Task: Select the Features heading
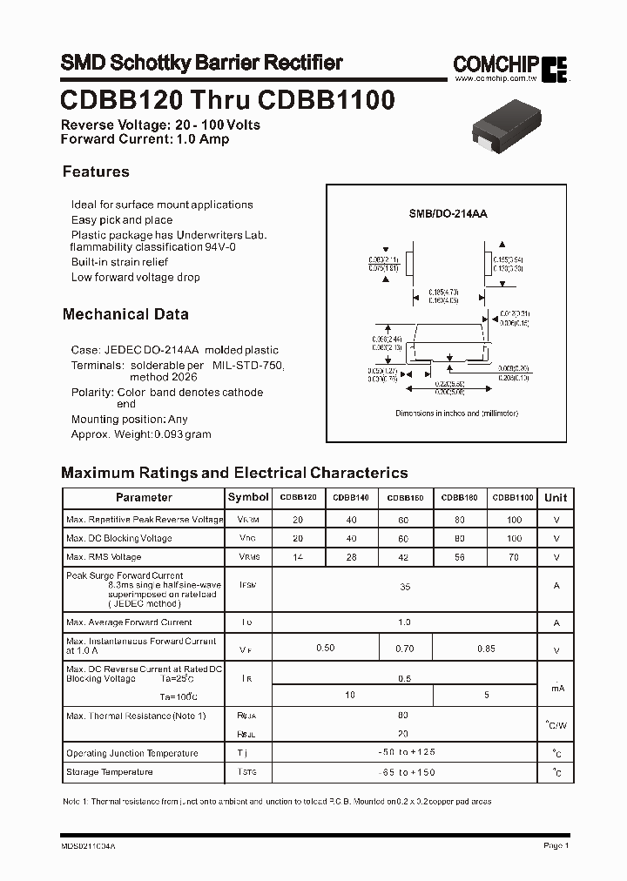pos(96,171)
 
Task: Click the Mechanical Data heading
pos(125,314)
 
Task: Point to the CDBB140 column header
pos(351,498)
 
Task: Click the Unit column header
pos(556,498)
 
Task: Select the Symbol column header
pos(248,497)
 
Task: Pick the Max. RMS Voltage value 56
pos(459,557)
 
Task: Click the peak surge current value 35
pos(404,588)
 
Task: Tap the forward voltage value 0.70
pos(405,649)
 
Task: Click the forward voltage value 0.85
pos(486,649)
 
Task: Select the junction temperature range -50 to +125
pos(404,753)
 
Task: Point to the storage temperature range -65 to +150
pos(404,772)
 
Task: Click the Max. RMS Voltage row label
pos(104,557)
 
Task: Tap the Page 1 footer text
pos(556,845)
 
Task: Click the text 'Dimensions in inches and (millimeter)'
pos(456,414)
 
